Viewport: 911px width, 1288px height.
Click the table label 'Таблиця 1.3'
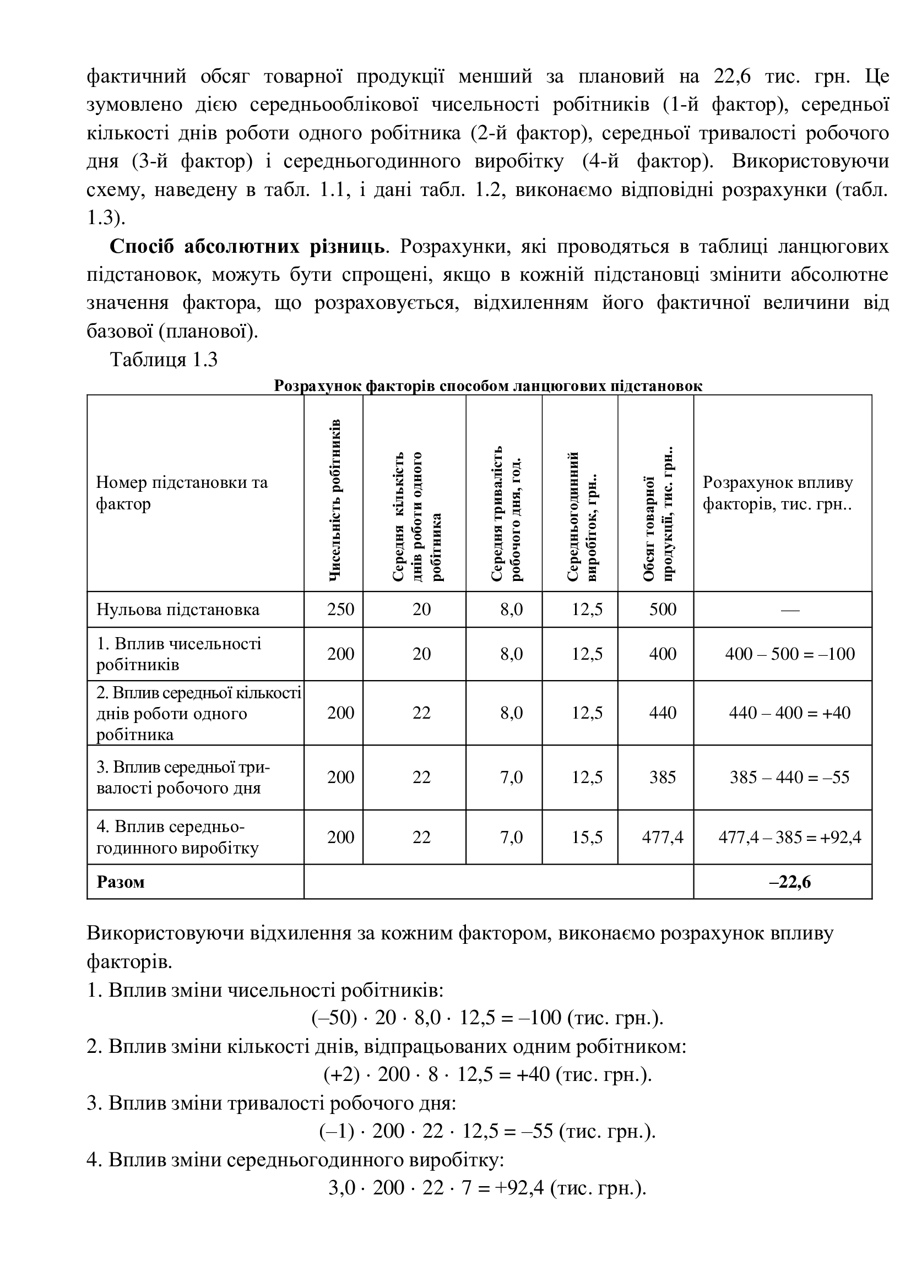(164, 360)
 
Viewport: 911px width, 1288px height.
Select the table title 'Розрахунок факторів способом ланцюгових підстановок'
(487, 386)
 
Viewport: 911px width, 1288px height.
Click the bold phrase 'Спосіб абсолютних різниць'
(247, 246)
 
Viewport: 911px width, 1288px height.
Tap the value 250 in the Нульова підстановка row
(340, 609)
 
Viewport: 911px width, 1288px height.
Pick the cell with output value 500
(663, 609)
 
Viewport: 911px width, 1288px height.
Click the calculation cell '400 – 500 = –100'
(789, 654)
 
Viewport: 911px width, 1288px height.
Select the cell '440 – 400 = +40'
(789, 713)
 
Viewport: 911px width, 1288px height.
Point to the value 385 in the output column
(663, 777)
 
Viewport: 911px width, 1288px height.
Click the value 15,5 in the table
(587, 837)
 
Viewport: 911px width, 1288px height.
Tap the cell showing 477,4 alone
(663, 837)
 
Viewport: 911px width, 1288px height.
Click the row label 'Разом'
(121, 882)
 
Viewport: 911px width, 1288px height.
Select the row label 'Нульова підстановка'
(178, 609)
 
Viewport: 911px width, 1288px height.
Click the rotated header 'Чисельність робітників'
(334, 499)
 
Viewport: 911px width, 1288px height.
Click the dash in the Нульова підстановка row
(789, 610)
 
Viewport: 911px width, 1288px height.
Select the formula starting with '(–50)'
(487, 1018)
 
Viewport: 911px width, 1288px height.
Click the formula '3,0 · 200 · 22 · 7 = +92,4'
(487, 1188)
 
